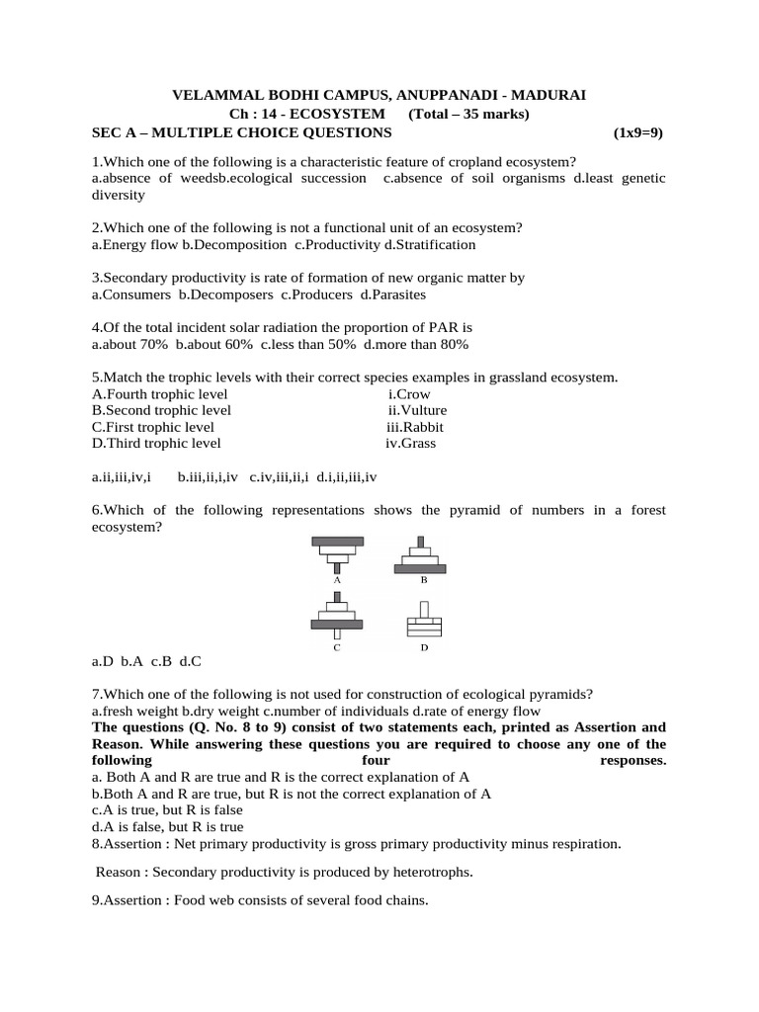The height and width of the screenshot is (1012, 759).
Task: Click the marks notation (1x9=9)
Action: pyautogui.click(x=638, y=132)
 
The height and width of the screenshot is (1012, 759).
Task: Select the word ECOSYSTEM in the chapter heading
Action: pyautogui.click(x=337, y=114)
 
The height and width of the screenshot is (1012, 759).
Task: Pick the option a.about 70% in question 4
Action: pyautogui.click(x=129, y=344)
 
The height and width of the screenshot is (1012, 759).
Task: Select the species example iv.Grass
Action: pyautogui.click(x=410, y=444)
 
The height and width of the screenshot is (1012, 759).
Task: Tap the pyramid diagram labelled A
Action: pyautogui.click(x=337, y=552)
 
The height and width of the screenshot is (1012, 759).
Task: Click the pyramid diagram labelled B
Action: pyautogui.click(x=422, y=553)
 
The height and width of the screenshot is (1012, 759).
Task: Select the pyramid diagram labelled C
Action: pyautogui.click(x=337, y=619)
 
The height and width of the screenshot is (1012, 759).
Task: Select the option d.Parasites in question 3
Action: pyautogui.click(x=393, y=295)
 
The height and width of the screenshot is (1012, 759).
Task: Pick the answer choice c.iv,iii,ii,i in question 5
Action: pyautogui.click(x=279, y=477)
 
